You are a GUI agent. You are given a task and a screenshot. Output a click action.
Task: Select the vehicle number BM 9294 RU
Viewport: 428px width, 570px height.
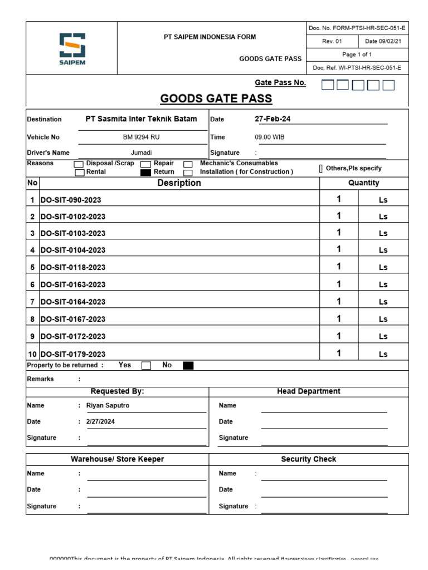(141, 137)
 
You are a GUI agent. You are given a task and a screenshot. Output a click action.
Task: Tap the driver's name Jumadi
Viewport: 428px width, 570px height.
(141, 153)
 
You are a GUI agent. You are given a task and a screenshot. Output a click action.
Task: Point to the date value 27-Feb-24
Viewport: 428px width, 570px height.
(273, 119)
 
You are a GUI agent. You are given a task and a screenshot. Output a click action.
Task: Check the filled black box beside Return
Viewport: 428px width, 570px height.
(145, 173)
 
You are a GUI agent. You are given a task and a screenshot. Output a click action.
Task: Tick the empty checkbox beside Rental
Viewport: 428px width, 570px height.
(79, 173)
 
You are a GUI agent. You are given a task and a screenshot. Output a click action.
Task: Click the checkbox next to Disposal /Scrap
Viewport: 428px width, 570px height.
(79, 164)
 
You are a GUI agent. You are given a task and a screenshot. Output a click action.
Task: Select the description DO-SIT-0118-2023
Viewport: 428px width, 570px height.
(73, 267)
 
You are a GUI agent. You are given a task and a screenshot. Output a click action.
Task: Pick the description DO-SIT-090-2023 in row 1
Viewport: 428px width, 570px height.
(71, 200)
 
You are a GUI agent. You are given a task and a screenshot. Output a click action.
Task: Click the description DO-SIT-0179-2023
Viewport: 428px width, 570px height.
(73, 354)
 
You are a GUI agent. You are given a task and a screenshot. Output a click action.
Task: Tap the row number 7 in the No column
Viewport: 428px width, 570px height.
(32, 302)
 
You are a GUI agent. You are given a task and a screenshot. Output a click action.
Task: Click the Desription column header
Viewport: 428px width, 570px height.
(179, 183)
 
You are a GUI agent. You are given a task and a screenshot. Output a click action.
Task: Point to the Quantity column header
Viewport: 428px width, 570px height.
(363, 183)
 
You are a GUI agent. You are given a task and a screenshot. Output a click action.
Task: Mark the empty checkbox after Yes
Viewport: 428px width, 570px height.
(146, 366)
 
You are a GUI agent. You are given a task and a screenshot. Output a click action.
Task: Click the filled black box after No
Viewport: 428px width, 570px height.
(188, 366)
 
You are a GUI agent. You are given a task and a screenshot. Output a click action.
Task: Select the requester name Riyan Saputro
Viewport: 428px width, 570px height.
(108, 406)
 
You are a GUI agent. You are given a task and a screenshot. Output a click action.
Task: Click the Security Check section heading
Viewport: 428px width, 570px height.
(308, 459)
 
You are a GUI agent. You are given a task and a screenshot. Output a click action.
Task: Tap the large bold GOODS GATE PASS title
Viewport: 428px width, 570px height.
(216, 99)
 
